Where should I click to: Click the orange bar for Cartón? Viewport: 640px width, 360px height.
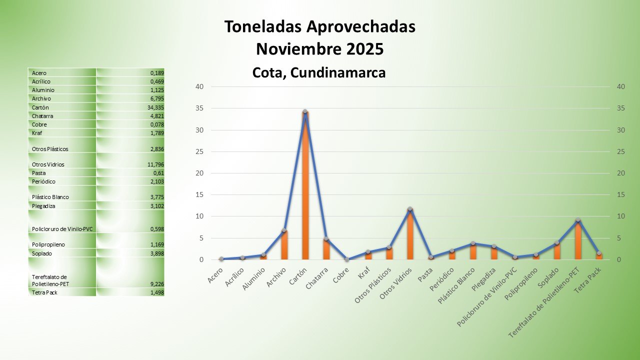point(305,190)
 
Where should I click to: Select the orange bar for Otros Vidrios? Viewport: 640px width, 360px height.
point(410,235)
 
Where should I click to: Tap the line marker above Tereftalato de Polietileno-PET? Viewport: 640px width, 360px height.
point(577,220)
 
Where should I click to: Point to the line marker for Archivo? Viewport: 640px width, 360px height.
point(284,230)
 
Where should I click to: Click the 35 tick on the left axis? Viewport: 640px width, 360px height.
point(199,108)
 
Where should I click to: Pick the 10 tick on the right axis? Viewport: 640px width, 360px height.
point(621,216)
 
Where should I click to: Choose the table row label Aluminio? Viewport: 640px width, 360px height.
point(43,90)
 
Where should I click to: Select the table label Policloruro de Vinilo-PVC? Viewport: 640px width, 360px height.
point(62,229)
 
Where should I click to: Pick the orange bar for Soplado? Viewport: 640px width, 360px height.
point(556,251)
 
